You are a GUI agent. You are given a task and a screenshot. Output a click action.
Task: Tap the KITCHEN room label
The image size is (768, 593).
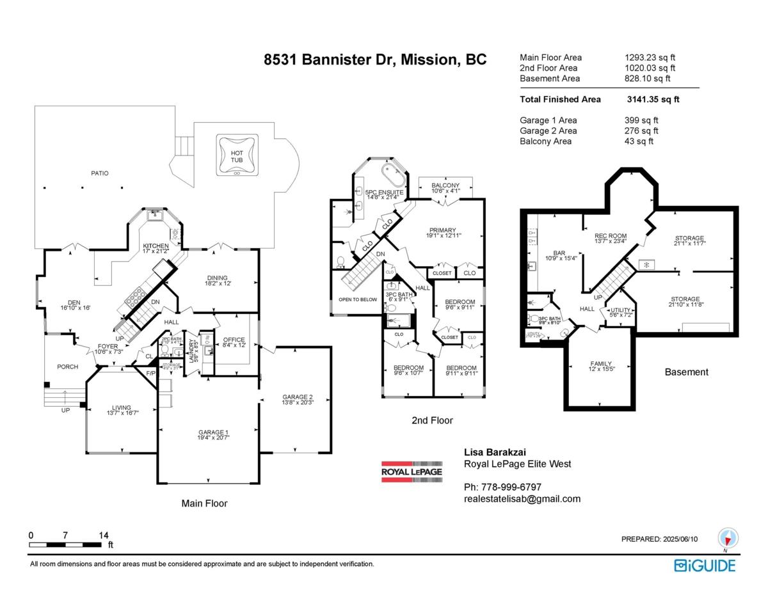coord(156,246)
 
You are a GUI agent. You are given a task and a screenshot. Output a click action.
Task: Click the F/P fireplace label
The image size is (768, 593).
coord(151,373)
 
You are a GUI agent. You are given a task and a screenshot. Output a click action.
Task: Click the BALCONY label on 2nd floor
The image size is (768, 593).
coord(445,185)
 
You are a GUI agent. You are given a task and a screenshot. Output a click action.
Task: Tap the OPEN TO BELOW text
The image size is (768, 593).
coord(357,299)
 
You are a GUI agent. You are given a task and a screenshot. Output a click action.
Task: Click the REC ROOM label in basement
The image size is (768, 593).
coord(611,236)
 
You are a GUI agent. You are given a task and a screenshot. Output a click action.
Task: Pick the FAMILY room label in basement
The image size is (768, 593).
coord(600,363)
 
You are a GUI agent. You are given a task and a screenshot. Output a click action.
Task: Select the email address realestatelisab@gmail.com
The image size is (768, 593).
coord(522,499)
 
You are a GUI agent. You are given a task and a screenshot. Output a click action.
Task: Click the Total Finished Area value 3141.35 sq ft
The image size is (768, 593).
coord(653,99)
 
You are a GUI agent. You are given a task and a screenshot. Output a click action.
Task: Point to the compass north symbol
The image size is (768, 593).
coord(728,538)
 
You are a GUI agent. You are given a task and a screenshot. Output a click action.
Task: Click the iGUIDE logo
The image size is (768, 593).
coord(705,565)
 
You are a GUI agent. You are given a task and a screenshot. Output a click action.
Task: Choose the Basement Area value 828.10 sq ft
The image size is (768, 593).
coord(647,79)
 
